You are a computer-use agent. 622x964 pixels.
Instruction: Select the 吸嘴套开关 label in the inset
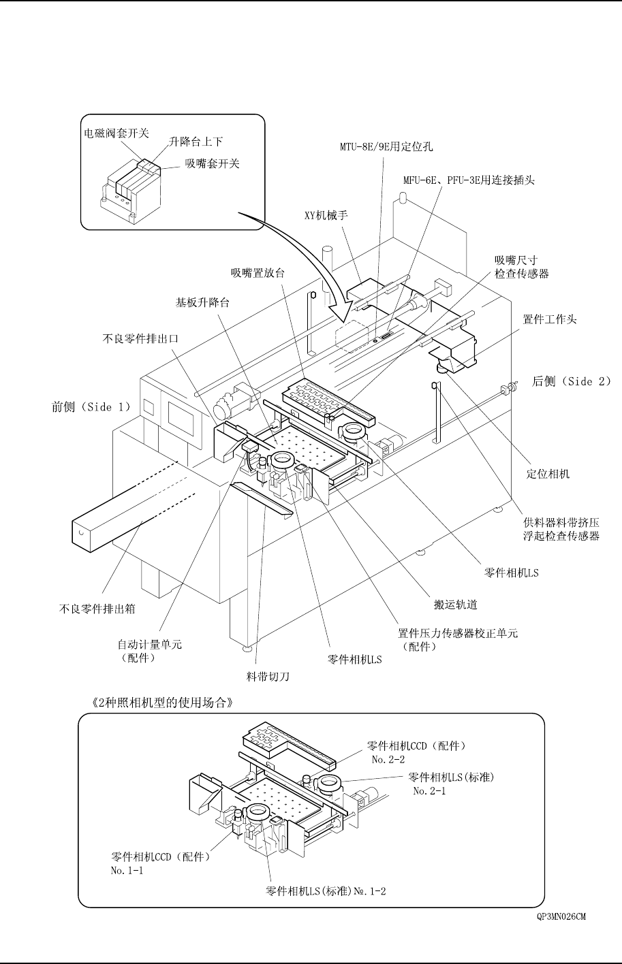tap(213, 164)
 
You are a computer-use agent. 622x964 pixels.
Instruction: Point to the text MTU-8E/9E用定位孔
tap(386, 146)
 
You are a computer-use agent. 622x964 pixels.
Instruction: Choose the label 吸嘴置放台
tap(258, 273)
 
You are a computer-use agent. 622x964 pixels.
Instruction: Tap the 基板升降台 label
tap(202, 302)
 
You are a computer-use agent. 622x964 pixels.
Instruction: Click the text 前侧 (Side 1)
tap(91, 407)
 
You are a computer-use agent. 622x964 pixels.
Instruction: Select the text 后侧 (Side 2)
tap(571, 382)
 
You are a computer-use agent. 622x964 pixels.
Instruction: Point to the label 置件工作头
tap(550, 319)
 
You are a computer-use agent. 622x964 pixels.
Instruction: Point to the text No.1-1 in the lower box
tap(127, 870)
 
